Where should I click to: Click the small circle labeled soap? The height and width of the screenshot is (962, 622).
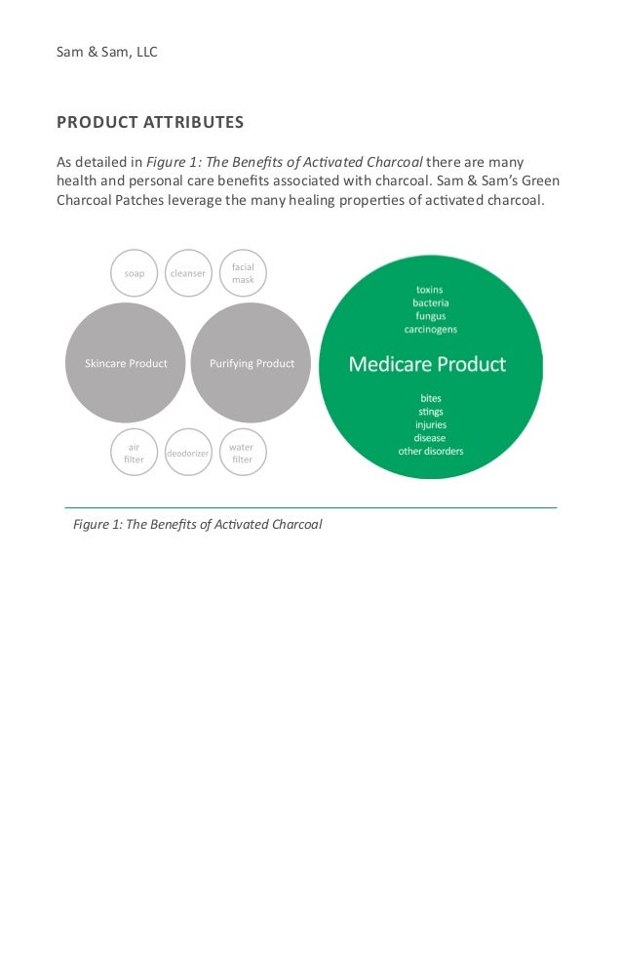[135, 273]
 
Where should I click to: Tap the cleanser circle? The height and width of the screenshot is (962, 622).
[187, 273]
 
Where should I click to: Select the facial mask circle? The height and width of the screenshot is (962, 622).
[243, 273]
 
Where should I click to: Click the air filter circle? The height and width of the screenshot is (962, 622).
[135, 454]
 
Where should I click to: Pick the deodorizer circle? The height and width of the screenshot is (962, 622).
[187, 454]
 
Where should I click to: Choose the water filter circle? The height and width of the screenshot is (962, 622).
[242, 454]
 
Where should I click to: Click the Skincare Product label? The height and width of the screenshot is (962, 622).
[125, 364]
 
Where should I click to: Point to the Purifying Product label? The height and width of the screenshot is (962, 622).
[253, 364]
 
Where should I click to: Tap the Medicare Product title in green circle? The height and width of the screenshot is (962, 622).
[427, 365]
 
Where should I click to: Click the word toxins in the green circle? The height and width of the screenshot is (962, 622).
[430, 289]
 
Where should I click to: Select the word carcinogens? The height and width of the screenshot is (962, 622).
[430, 330]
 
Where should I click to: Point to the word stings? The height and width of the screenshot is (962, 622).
[430, 412]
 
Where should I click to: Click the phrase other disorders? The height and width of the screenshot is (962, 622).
[430, 452]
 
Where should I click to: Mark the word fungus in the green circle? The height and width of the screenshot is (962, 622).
[430, 316]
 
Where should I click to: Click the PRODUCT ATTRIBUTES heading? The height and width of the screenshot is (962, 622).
[150, 123]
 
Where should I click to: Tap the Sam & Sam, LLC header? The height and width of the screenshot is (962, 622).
[107, 51]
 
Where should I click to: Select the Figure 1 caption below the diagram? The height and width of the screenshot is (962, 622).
[197, 525]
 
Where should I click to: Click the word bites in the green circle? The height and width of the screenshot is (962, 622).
[430, 398]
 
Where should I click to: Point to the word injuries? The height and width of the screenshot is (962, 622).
[430, 424]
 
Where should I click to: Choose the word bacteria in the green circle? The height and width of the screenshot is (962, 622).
[430, 302]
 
